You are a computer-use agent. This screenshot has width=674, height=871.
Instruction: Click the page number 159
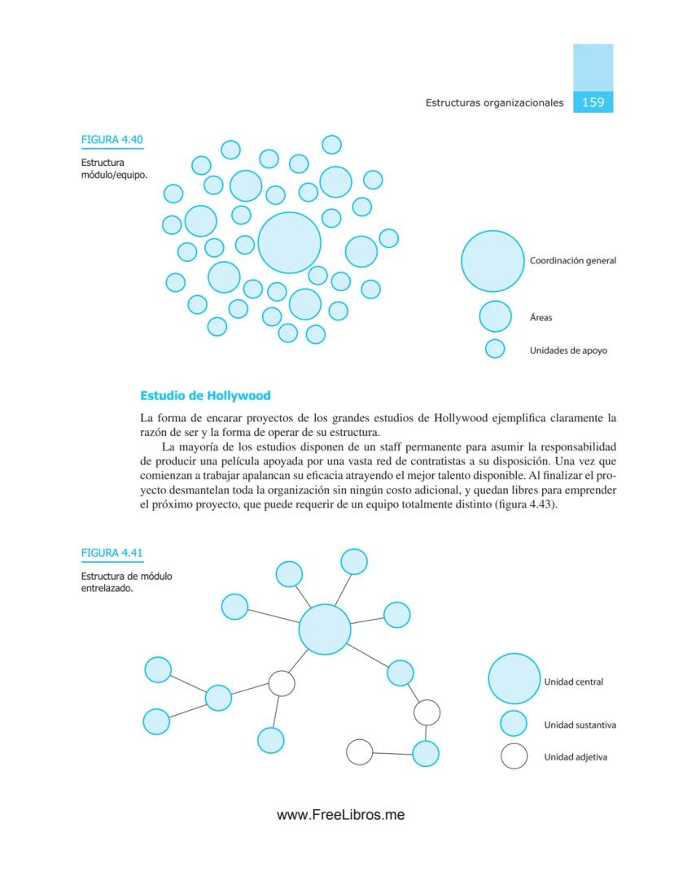click(593, 102)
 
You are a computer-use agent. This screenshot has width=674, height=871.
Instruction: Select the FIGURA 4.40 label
click(112, 140)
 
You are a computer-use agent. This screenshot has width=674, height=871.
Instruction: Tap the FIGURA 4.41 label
click(112, 554)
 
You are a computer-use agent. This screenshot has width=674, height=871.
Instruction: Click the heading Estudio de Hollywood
click(205, 396)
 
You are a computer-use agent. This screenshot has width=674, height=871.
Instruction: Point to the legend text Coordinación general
click(572, 261)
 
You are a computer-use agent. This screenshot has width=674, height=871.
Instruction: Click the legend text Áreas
click(541, 318)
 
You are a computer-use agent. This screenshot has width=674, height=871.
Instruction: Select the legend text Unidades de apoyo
click(568, 351)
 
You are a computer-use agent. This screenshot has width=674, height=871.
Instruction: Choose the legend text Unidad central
click(573, 682)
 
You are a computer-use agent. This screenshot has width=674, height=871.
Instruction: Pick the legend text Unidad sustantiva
click(580, 725)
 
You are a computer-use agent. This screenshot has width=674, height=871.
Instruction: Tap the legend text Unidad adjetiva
click(575, 757)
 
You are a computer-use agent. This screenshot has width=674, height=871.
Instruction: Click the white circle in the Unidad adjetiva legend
click(514, 756)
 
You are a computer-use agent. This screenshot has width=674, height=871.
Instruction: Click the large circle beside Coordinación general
click(492, 261)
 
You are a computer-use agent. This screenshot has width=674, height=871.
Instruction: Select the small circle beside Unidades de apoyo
click(495, 349)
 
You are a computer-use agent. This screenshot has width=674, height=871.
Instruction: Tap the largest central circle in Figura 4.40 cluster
click(289, 242)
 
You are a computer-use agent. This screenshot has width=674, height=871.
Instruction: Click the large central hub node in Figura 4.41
click(325, 629)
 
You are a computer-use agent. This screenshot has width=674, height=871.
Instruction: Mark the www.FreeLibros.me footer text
click(340, 815)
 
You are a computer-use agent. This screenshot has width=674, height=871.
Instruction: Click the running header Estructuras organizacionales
click(494, 103)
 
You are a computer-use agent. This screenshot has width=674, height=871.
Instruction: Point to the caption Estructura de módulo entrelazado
click(125, 583)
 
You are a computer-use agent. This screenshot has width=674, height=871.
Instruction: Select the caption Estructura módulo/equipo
click(113, 168)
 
